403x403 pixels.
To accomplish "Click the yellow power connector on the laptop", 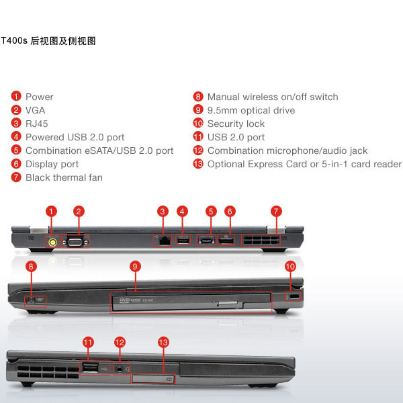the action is pyautogui.click(x=52, y=242).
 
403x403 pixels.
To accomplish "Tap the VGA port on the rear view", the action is pyautogui.click(x=75, y=242).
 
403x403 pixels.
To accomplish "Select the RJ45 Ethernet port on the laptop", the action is pyautogui.click(x=165, y=241).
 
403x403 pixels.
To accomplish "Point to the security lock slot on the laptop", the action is pyautogui.click(x=295, y=296).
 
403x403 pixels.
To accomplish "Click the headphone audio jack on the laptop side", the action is pyautogui.click(x=119, y=369).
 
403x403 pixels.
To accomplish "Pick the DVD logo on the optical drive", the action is pyautogui.click(x=124, y=300).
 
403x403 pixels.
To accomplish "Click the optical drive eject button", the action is pyautogui.click(x=228, y=303).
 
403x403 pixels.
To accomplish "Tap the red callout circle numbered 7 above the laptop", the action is pyautogui.click(x=276, y=212).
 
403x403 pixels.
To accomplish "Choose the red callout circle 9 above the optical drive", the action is pyautogui.click(x=135, y=267).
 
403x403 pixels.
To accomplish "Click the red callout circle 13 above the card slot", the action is pyautogui.click(x=163, y=343).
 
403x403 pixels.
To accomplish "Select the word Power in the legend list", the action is pyautogui.click(x=40, y=97).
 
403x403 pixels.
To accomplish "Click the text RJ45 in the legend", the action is pyautogui.click(x=37, y=124).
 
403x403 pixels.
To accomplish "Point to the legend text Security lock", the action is pyautogui.click(x=236, y=124).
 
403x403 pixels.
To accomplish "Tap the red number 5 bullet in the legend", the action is pyautogui.click(x=16, y=150).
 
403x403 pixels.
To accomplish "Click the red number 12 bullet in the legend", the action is pyautogui.click(x=198, y=150).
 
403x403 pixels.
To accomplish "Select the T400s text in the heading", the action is pyautogui.click(x=14, y=40).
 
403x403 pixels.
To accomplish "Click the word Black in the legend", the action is pyautogui.click(x=38, y=177).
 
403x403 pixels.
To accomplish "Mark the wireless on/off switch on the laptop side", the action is pyautogui.click(x=35, y=300).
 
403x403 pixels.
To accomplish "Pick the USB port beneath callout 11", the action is pyautogui.click(x=90, y=368).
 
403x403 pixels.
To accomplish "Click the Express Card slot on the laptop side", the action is pyautogui.click(x=153, y=379).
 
